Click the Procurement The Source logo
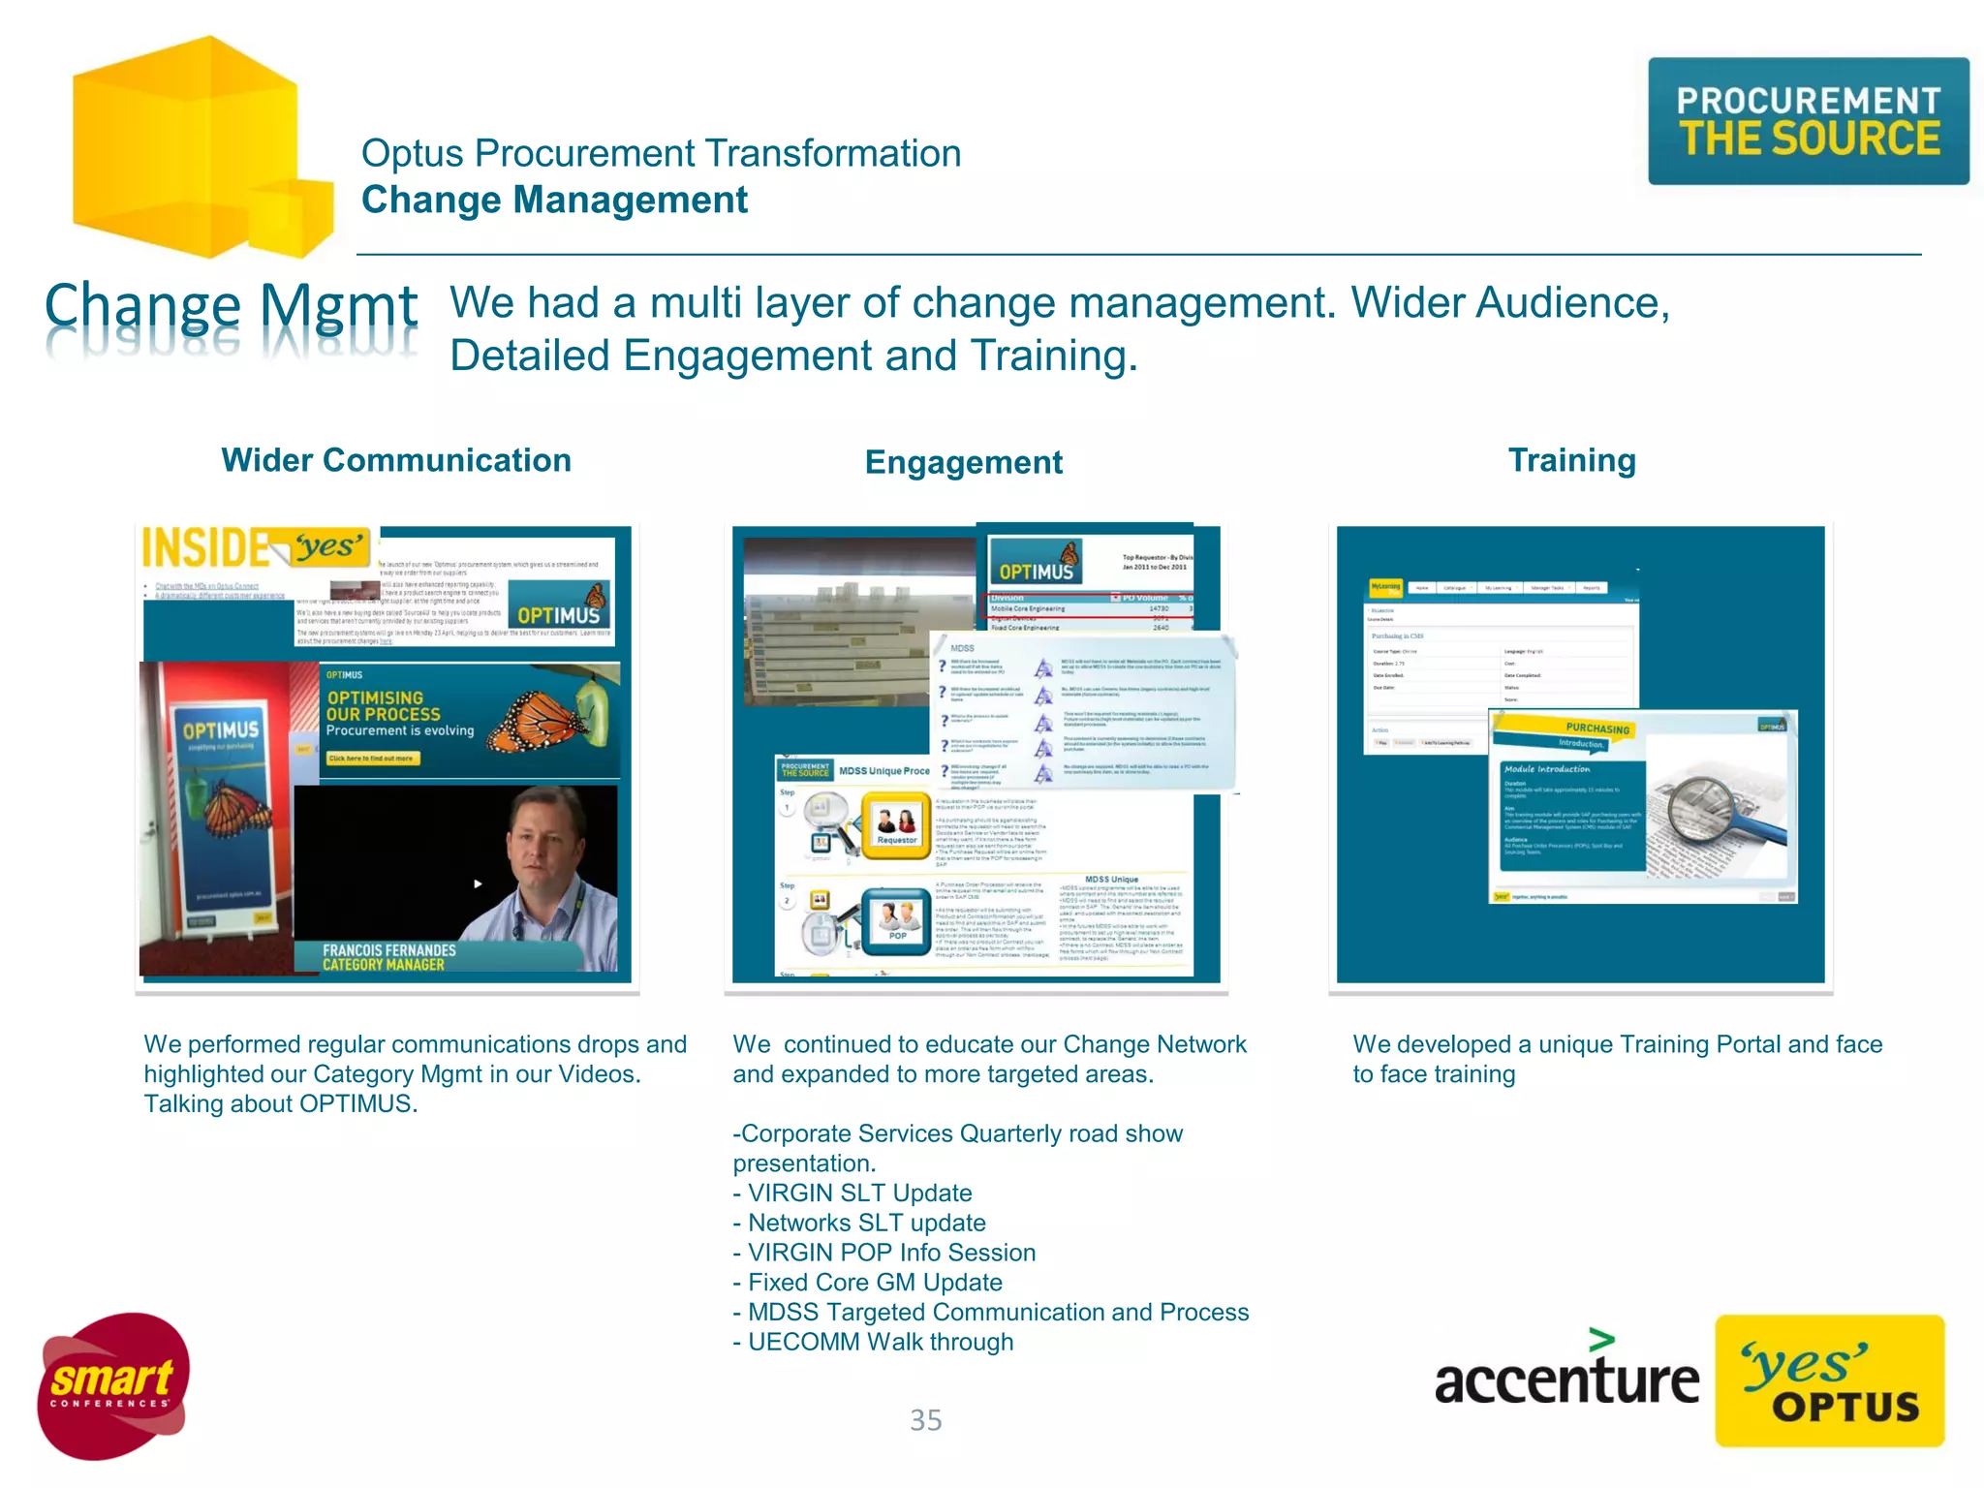pyautogui.click(x=1808, y=121)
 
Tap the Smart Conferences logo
pyautogui.click(x=112, y=1385)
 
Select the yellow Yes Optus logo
pyautogui.click(x=1829, y=1380)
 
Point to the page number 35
pyautogui.click(x=925, y=1420)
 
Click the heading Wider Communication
pyautogui.click(x=396, y=460)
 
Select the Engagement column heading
pyautogui.click(x=963, y=462)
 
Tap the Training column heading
pyautogui.click(x=1571, y=460)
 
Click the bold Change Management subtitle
pyautogui.click(x=554, y=201)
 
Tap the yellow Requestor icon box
pyautogui.click(x=897, y=823)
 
